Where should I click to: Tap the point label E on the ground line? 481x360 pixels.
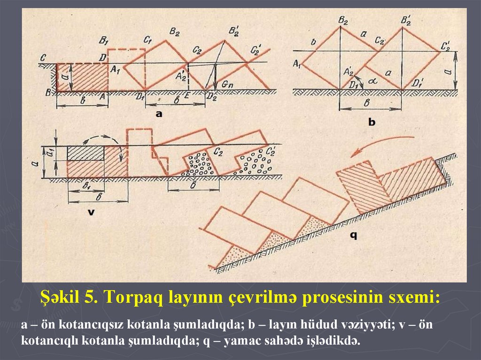coord(188,97)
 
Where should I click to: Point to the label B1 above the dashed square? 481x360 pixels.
coord(104,38)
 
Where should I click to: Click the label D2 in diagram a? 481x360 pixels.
coord(212,97)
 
